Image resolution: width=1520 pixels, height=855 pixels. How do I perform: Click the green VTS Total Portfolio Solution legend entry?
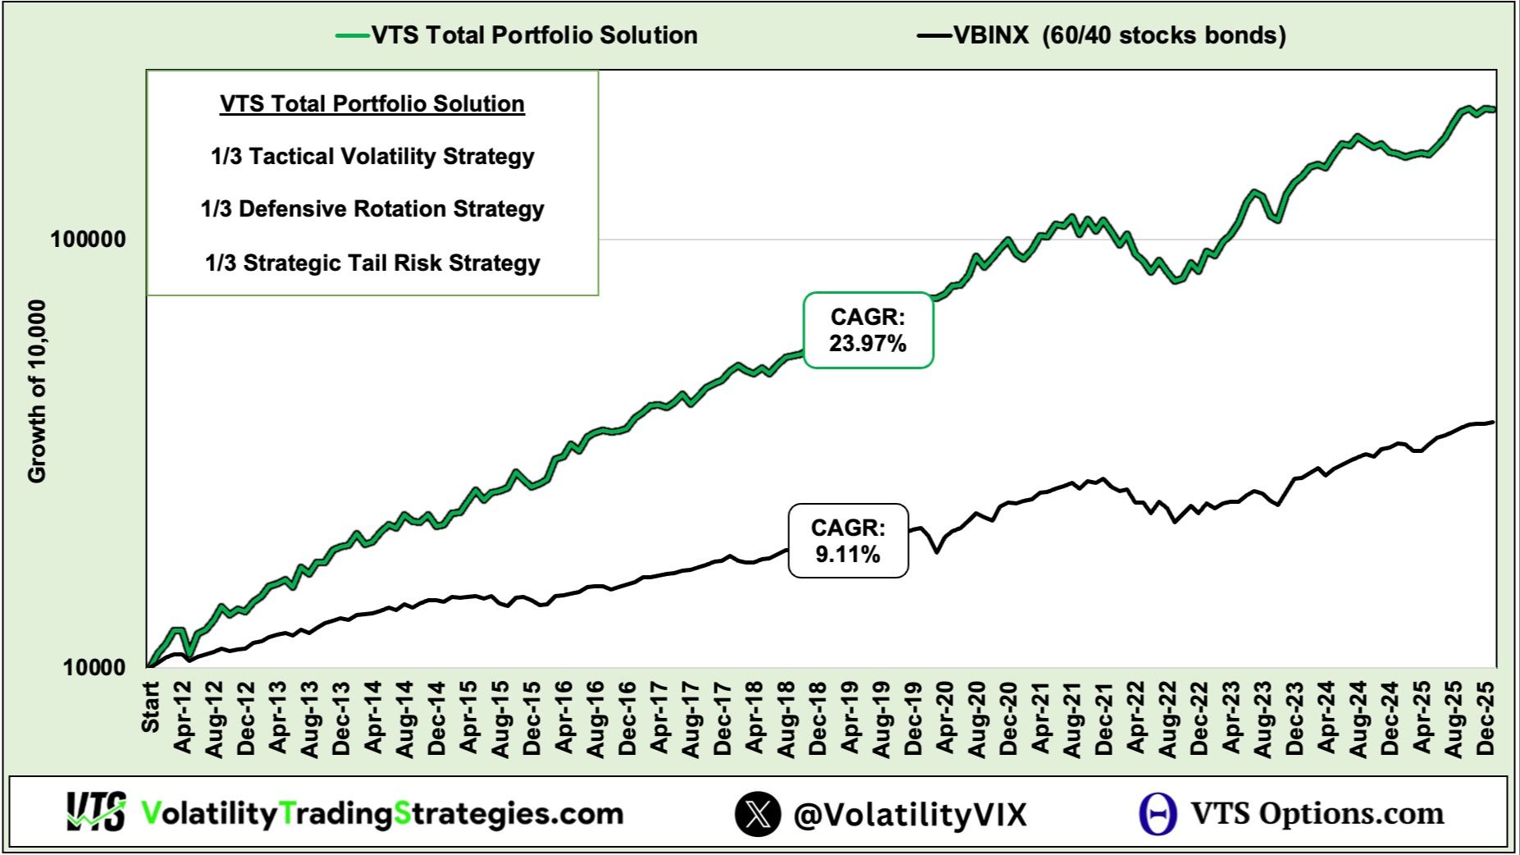(x=517, y=35)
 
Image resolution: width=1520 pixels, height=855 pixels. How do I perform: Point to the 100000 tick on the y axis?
(x=89, y=240)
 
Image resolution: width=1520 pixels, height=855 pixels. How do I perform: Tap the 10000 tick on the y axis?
(x=95, y=667)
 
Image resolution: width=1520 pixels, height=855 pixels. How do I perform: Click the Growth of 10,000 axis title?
(x=37, y=391)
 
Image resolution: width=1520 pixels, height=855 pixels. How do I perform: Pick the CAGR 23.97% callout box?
(x=868, y=330)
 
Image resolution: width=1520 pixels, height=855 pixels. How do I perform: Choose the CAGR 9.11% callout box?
(x=848, y=541)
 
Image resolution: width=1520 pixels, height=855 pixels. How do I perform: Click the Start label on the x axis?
(x=151, y=706)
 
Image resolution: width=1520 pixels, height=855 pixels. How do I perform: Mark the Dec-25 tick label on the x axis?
(x=1486, y=717)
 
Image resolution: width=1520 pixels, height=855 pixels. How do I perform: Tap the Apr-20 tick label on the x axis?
(x=945, y=717)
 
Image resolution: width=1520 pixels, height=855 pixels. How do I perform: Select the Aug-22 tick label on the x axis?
(x=1167, y=717)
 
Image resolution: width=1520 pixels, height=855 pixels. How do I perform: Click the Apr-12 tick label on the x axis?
(x=183, y=717)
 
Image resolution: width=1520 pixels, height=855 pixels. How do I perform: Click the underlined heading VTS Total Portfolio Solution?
(x=372, y=104)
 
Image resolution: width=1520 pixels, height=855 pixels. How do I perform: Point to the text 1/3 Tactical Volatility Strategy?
(x=372, y=157)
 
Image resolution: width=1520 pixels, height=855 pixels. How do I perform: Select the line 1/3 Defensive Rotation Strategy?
(x=372, y=209)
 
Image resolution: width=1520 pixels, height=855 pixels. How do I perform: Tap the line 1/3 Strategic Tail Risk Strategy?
(x=372, y=263)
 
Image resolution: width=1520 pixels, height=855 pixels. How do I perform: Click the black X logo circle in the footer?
(x=757, y=814)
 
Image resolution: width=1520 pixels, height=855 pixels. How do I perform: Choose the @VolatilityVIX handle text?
(x=910, y=814)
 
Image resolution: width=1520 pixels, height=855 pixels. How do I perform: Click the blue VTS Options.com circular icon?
(x=1157, y=814)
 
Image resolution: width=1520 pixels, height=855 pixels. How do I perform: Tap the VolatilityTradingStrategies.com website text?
(x=382, y=814)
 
